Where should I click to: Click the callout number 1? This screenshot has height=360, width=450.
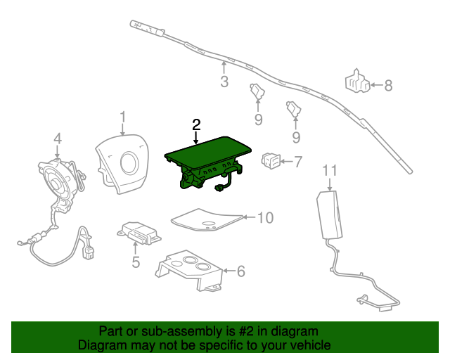click(122, 117)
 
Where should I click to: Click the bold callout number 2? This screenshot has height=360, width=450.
click(196, 124)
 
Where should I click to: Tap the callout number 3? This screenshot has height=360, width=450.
click(224, 82)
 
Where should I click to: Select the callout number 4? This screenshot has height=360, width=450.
click(58, 138)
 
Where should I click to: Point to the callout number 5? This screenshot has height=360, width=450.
click(136, 262)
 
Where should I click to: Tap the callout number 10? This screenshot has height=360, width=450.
click(264, 218)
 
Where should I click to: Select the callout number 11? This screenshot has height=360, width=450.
click(330, 170)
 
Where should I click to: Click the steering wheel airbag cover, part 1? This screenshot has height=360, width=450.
click(123, 162)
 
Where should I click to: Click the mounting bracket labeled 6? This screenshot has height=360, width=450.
click(190, 268)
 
